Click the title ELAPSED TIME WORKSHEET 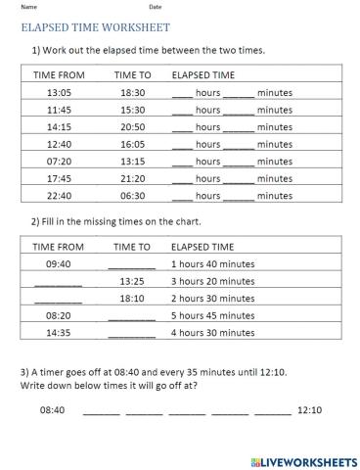95,28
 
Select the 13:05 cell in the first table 59,92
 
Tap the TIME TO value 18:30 132,92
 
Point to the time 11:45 59,109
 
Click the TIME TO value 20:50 132,126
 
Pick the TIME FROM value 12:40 59,143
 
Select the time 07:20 59,161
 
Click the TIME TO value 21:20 132,178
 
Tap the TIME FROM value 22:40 59,195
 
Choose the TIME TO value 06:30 132,195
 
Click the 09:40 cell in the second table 59,263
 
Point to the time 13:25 132,281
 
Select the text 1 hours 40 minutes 212,263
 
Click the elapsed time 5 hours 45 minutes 212,315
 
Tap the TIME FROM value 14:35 59,332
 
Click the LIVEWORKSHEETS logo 303,459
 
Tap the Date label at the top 155,7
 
